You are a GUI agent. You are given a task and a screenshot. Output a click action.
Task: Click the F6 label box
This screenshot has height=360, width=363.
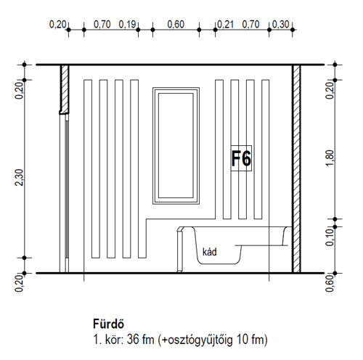click(241, 158)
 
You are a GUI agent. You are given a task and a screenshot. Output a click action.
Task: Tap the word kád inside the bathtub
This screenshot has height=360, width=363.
click(210, 252)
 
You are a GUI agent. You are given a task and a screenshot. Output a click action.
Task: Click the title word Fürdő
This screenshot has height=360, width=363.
click(108, 324)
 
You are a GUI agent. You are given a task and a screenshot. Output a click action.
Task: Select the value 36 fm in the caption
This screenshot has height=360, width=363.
click(140, 339)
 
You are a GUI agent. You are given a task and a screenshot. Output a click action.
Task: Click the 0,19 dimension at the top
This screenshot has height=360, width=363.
click(127, 25)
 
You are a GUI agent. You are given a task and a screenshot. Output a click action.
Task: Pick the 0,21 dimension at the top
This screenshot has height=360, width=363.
click(226, 25)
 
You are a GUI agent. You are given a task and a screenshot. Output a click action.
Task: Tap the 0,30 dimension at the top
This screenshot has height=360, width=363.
click(281, 25)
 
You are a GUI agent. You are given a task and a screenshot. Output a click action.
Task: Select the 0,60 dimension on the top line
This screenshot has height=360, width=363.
click(176, 25)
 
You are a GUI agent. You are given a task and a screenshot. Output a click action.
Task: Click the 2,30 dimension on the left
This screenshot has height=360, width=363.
click(20, 177)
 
